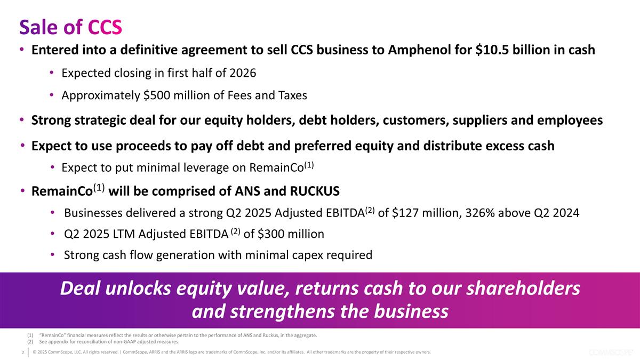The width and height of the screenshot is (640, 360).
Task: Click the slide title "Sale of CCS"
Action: pyautogui.click(x=70, y=26)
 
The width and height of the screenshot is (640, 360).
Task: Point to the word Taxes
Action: pyautogui.click(x=292, y=95)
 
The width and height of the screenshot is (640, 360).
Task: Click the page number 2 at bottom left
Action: pyautogui.click(x=22, y=353)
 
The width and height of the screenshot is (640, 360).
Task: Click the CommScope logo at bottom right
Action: pyautogui.click(x=610, y=353)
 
